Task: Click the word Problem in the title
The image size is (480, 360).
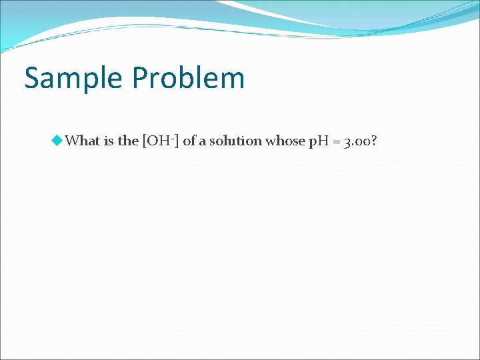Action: point(188,78)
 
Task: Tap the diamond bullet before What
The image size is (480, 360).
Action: point(57,140)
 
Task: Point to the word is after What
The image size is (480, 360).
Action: point(109,141)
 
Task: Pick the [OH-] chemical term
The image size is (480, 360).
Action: point(159,141)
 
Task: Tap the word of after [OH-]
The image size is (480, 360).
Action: point(189,141)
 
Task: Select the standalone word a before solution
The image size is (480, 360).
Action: point(203,141)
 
